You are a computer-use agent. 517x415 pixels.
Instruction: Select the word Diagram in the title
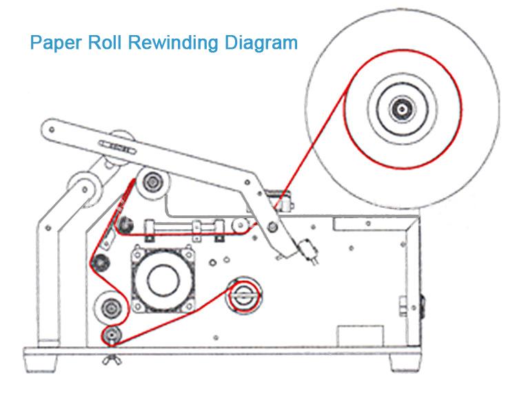point(262,43)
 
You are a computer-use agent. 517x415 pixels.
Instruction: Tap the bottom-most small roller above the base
point(112,336)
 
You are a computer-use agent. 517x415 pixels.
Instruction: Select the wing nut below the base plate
point(108,360)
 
